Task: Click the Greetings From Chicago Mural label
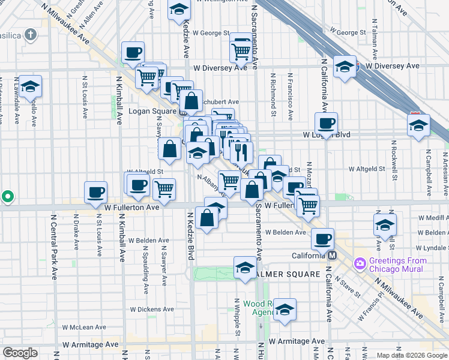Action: pos(399,265)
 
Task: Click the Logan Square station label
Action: pos(154,112)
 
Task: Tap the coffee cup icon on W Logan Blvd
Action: pos(326,124)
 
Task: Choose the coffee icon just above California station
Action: pos(322,239)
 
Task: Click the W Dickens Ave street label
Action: pos(151,310)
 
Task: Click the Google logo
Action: pos(20,353)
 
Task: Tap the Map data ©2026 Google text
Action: pos(411,355)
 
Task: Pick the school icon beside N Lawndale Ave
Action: pos(30,87)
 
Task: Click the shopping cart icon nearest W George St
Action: pos(241,51)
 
